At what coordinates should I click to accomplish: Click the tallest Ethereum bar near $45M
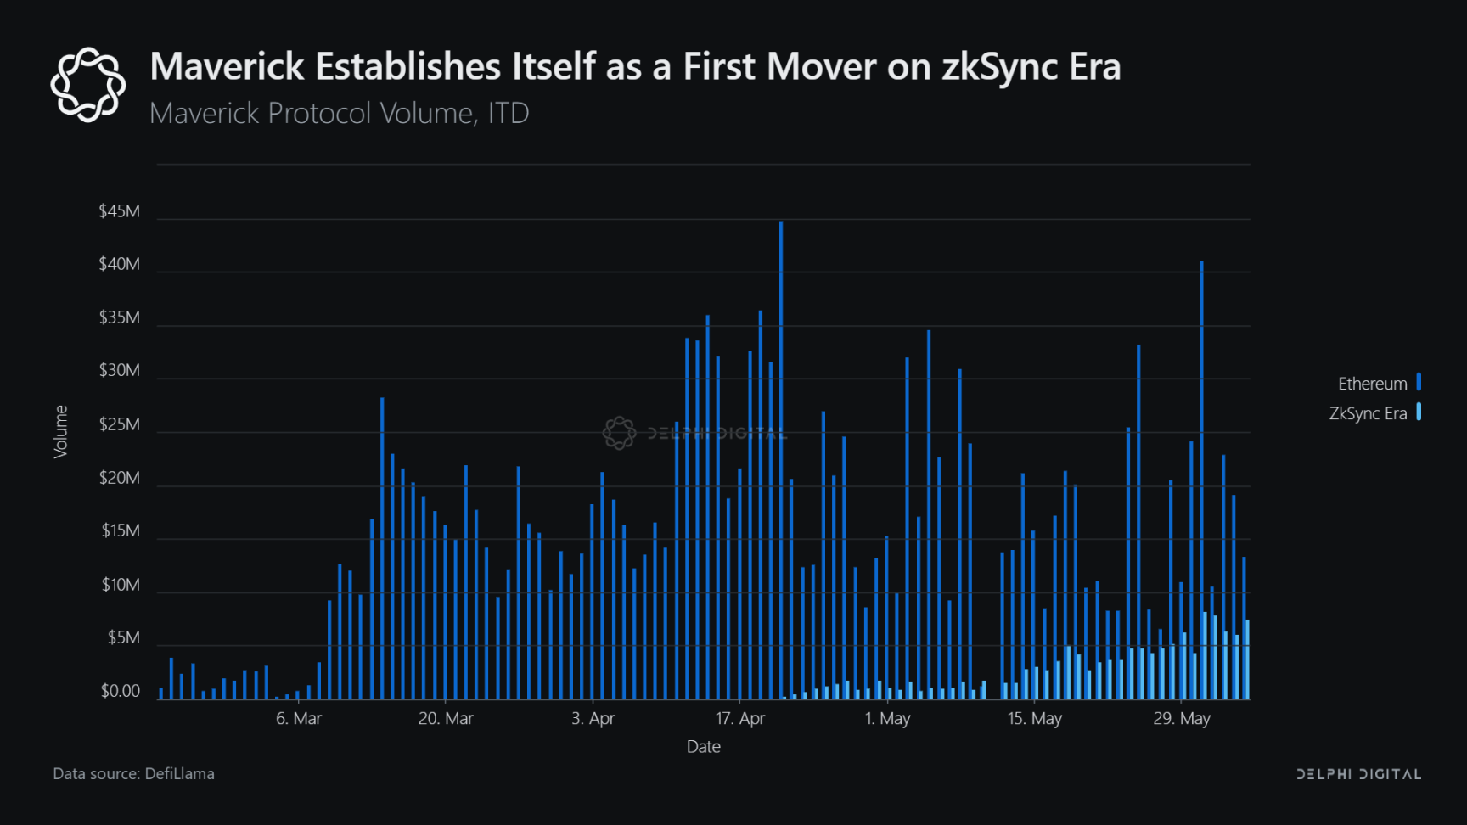click(781, 458)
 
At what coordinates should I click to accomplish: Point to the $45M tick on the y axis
click(119, 211)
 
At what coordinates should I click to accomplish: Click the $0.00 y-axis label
click(120, 691)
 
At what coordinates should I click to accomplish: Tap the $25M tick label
click(119, 424)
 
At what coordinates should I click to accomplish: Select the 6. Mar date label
click(299, 719)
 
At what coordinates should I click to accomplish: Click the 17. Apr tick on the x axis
click(740, 719)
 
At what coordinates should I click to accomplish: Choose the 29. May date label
click(1182, 719)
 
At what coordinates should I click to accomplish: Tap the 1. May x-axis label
click(887, 719)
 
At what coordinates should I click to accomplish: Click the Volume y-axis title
click(61, 431)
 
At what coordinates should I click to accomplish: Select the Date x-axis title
click(704, 747)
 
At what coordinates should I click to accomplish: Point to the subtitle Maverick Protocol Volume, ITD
click(340, 113)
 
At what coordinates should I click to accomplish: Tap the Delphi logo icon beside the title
click(88, 85)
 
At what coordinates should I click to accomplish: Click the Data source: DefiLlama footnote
click(133, 774)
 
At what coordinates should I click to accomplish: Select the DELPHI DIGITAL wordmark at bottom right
click(1358, 774)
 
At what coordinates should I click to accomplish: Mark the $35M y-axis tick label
click(119, 317)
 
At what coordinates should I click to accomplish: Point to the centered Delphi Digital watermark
click(694, 433)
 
